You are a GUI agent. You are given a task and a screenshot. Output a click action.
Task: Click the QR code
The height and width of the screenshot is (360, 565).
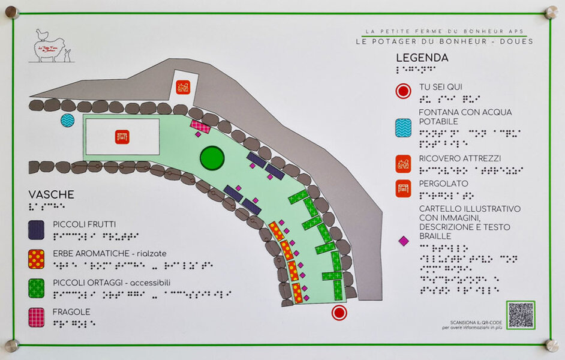tap(520, 315)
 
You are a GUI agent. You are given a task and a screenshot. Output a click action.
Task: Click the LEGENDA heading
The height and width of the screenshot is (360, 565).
tap(422, 58)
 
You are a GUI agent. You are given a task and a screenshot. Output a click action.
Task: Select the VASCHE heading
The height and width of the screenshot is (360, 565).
tap(52, 195)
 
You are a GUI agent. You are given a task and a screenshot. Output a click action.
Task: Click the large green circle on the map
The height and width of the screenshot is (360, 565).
tap(212, 158)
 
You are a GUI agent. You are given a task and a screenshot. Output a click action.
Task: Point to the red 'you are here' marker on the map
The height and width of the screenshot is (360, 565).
tap(339, 313)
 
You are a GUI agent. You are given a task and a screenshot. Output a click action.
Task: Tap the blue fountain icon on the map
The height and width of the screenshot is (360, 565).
tap(68, 120)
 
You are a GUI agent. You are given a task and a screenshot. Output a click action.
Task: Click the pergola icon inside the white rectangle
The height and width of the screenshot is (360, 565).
tap(122, 137)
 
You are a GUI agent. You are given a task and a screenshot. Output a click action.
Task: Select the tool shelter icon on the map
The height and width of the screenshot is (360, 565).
tap(183, 88)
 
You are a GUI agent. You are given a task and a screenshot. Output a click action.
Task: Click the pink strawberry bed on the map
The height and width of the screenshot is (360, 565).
tap(200, 126)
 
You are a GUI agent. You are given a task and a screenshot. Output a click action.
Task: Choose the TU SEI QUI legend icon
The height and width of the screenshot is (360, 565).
tap(403, 91)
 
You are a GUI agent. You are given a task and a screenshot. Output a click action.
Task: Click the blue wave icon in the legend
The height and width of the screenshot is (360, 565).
tap(403, 127)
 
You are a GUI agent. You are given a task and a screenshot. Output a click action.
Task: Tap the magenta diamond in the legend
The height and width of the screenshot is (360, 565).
tap(404, 241)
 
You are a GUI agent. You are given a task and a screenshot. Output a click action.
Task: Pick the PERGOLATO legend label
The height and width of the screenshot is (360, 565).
tap(443, 184)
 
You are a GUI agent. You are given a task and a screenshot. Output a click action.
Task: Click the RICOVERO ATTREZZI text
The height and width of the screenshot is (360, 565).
tap(460, 158)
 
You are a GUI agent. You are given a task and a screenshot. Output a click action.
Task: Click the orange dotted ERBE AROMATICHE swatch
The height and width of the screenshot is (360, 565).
tap(36, 258)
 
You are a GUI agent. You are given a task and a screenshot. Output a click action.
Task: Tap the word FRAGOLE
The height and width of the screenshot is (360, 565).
tap(71, 312)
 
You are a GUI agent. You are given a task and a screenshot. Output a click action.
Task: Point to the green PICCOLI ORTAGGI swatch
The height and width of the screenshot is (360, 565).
tap(36, 287)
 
